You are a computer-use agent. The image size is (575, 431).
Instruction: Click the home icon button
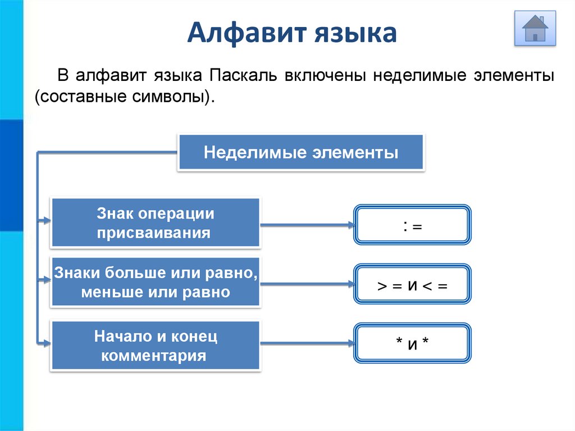pos(535,29)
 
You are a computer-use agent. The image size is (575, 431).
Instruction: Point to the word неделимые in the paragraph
pos(413,75)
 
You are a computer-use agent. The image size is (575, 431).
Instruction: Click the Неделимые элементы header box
pos(301,152)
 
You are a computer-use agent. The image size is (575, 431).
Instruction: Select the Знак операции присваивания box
pos(156,223)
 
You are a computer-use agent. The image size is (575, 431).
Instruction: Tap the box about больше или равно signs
pos(156,283)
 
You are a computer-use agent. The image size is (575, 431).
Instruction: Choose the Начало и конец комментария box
pos(156,346)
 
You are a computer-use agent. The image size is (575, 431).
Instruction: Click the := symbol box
pos(412,225)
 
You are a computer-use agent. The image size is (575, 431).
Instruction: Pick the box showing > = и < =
pos(412,285)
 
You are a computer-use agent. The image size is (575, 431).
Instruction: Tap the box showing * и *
pos(412,343)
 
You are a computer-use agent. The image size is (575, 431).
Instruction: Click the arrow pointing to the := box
pos(307,225)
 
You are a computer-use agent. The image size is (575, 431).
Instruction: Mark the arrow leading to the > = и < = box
pos(307,284)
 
